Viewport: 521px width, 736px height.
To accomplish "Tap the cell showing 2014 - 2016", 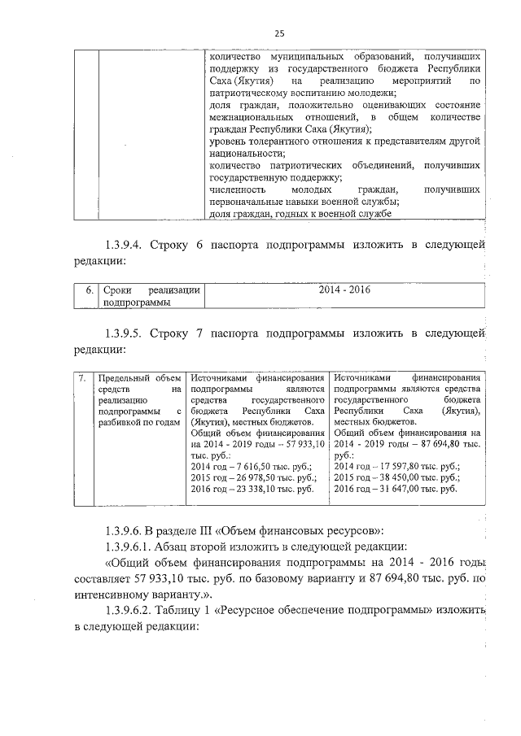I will [345, 290].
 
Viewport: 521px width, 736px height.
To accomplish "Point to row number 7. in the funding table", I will [82, 377].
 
